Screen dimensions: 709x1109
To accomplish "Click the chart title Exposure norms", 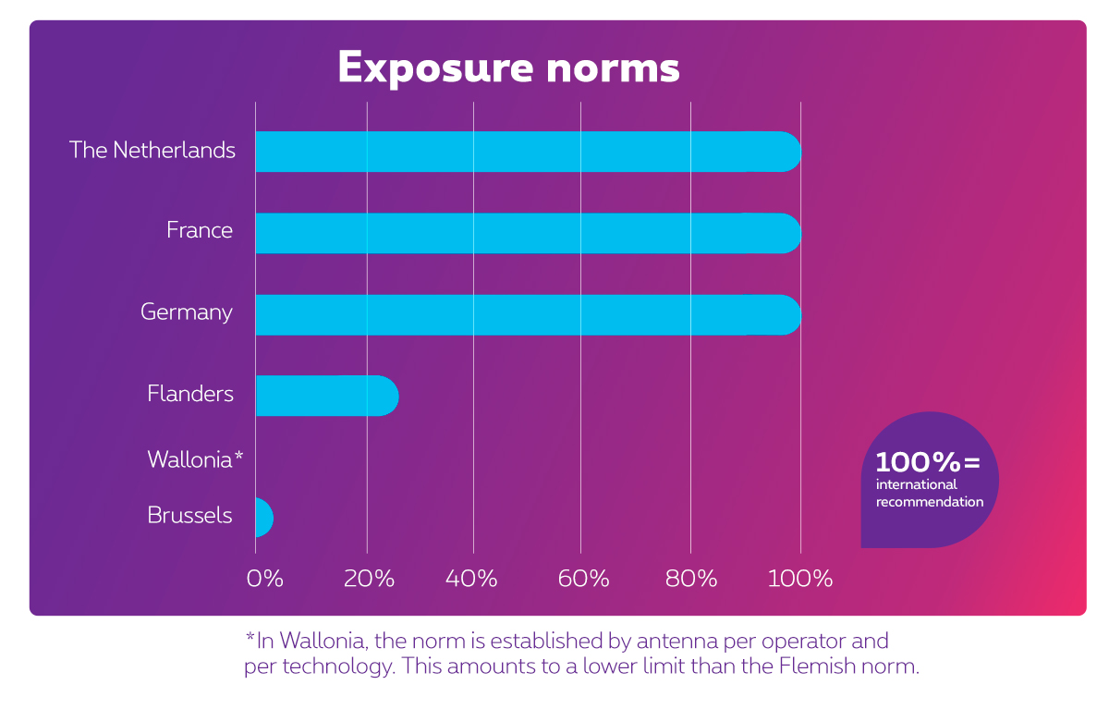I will pyautogui.click(x=508, y=67).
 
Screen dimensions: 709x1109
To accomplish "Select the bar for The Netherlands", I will pyautogui.click(x=527, y=152).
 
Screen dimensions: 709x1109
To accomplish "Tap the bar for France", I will pyautogui.click(x=527, y=233).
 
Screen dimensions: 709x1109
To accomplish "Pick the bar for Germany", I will pyautogui.click(x=527, y=315).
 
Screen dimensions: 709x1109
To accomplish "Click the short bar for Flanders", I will pyautogui.click(x=325, y=396).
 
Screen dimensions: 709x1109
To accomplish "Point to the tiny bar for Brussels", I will pyautogui.click(x=263, y=518).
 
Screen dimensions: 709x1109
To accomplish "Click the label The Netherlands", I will pyautogui.click(x=152, y=151).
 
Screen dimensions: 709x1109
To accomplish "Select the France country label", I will pyautogui.click(x=200, y=230).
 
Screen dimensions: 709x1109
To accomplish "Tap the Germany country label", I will pyautogui.click(x=187, y=312).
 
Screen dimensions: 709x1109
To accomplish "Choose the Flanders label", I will pyautogui.click(x=190, y=394).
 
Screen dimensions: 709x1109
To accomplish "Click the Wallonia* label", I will pyautogui.click(x=195, y=459).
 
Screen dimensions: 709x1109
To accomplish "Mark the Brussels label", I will pyautogui.click(x=189, y=515).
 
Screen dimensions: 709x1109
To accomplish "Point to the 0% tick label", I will pyautogui.click(x=264, y=580).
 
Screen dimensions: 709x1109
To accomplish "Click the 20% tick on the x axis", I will pyautogui.click(x=370, y=580).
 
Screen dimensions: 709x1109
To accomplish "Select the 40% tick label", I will pyautogui.click(x=472, y=580).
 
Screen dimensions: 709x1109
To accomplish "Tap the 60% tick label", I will pyautogui.click(x=584, y=580).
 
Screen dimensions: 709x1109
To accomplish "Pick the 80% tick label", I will pyautogui.click(x=691, y=580).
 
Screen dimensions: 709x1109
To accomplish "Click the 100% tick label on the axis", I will pyautogui.click(x=800, y=580).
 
